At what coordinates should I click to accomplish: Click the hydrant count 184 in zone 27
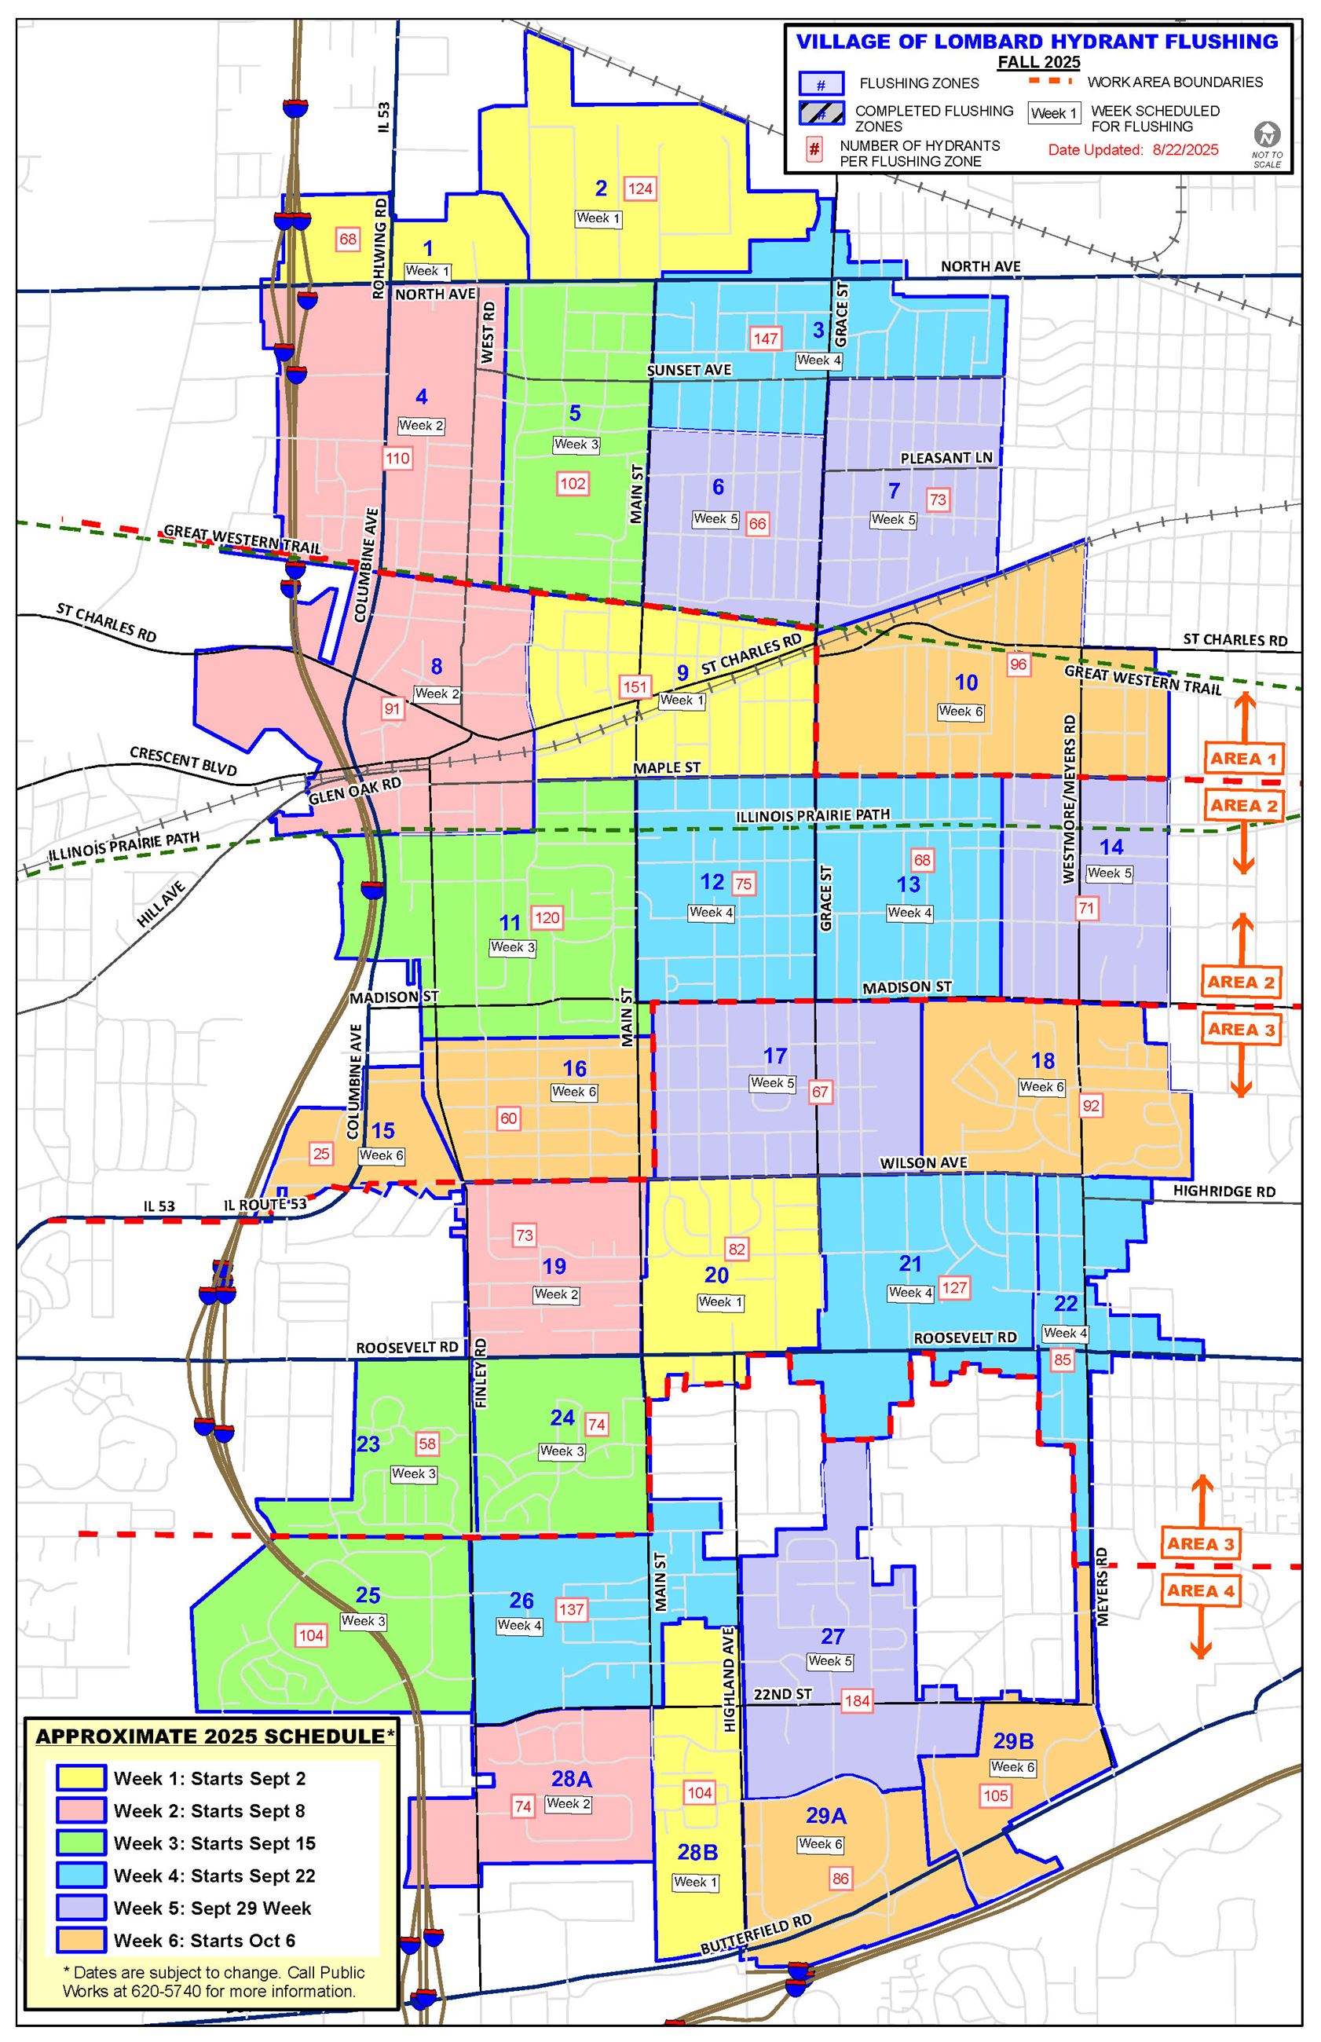pos(857,1700)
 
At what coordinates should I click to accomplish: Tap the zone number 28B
pos(697,1852)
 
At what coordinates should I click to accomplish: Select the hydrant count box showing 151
pos(635,686)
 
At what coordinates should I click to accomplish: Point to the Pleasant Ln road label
pos(946,458)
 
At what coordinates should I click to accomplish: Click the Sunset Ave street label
pos(689,370)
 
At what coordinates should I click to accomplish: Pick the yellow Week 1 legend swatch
pos(81,1778)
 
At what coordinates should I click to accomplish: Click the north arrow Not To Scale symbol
pos(1267,142)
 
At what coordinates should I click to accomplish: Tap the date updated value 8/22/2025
pos(1184,150)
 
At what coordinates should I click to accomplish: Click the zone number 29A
pos(826,1815)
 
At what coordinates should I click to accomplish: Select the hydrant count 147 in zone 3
pos(765,338)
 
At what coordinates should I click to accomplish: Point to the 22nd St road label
pos(782,1694)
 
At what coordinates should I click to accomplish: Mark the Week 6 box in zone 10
pos(961,711)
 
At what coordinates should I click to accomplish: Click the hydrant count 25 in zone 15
pos(320,1154)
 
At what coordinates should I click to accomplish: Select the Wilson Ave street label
pos(923,1163)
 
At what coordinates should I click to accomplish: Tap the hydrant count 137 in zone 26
pos(571,1609)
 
